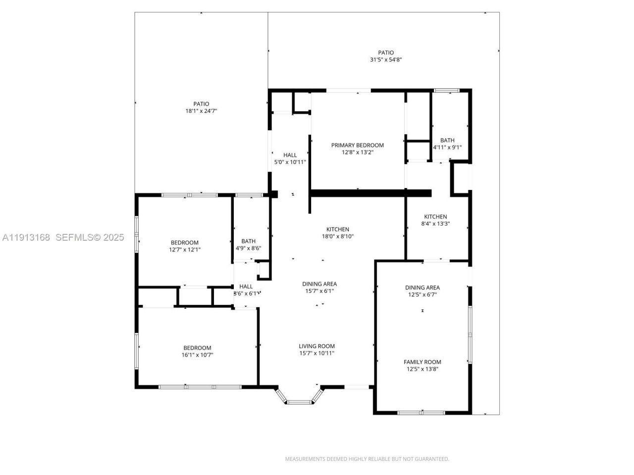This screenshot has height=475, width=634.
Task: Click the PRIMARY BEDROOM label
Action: tap(357, 145)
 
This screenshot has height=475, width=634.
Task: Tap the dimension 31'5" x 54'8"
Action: tap(385, 60)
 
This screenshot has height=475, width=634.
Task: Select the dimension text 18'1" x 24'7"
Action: tap(201, 111)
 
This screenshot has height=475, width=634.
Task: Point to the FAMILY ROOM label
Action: tap(422, 362)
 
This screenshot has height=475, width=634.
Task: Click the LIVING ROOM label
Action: tap(317, 346)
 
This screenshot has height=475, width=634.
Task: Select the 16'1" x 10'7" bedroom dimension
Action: tap(197, 355)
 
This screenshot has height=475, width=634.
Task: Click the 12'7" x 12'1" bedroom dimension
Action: tap(184, 249)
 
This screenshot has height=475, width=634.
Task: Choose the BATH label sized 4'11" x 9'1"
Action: tap(447, 140)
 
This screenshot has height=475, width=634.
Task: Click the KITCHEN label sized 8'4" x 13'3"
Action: tap(435, 216)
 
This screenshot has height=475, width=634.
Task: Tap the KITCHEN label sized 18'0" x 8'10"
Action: tap(337, 229)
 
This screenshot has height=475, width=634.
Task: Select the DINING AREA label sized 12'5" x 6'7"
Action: tap(422, 287)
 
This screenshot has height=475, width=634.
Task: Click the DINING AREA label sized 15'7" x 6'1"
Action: tap(319, 284)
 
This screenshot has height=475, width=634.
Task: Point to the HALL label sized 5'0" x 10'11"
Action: tap(290, 155)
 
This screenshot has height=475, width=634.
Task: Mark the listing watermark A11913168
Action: tap(26, 237)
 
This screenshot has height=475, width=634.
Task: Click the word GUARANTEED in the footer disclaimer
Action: tap(430, 459)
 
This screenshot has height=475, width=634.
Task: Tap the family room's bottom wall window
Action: tap(422, 412)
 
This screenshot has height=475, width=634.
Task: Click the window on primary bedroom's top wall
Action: tap(348, 91)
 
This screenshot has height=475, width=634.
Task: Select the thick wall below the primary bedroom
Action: tap(370, 193)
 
